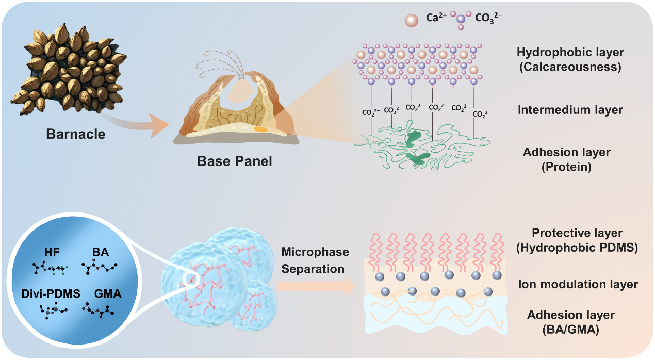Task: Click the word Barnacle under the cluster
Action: tap(75, 134)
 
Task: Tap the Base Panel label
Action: tap(235, 161)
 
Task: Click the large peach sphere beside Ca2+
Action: tap(412, 20)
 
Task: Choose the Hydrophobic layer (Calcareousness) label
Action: tap(569, 59)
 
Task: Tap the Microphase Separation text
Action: tap(315, 260)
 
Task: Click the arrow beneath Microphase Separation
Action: tap(317, 286)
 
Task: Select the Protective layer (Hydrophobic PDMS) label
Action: tap(577, 240)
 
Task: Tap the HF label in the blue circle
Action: tap(51, 253)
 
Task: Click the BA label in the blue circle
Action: tap(101, 253)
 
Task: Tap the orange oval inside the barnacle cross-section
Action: tap(260, 129)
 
